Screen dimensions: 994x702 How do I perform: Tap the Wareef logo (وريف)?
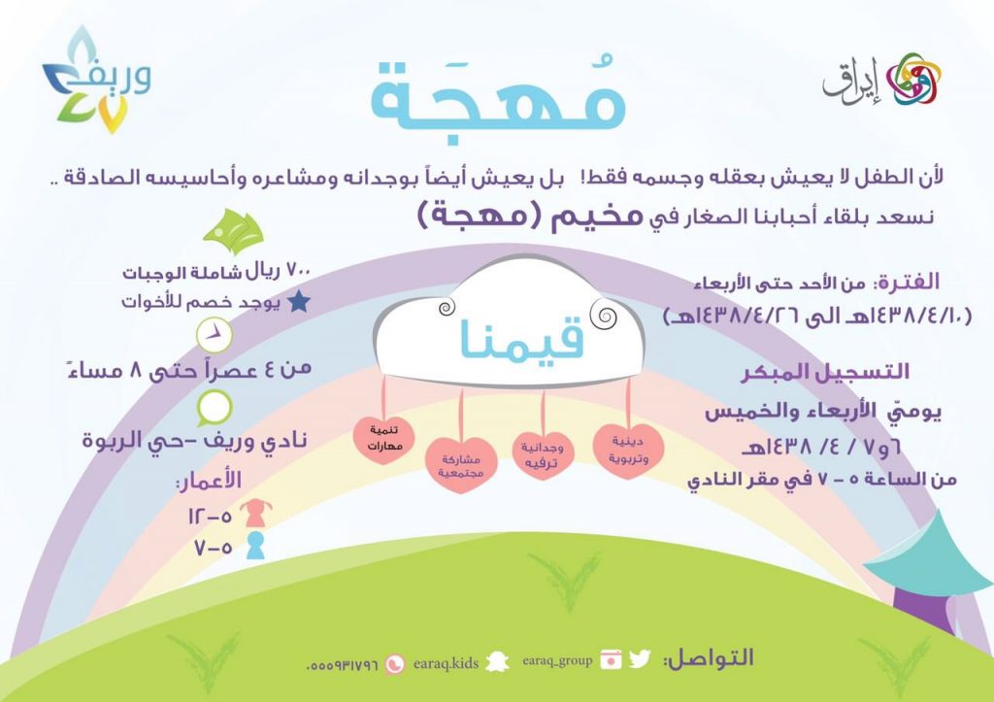click(x=97, y=81)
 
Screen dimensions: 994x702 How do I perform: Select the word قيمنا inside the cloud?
click(x=521, y=338)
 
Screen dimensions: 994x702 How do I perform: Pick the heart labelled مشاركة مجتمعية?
click(x=461, y=465)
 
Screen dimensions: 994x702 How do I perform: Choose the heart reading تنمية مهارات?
click(x=384, y=439)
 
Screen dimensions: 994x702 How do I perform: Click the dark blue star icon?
click(x=299, y=302)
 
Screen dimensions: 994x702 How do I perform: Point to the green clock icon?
click(x=215, y=335)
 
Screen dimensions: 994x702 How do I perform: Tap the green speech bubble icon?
click(x=215, y=408)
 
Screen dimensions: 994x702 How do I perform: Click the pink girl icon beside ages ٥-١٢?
click(x=255, y=513)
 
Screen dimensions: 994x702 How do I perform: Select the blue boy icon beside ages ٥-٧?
click(x=255, y=546)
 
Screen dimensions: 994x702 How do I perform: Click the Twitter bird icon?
click(x=640, y=659)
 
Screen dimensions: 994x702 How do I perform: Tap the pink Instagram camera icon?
click(x=611, y=659)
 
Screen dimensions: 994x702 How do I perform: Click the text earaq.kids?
click(x=446, y=664)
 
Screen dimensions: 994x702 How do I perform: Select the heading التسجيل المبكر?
click(x=825, y=372)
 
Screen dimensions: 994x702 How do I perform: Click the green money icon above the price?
click(x=233, y=231)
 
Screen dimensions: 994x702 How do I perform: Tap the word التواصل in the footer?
click(x=708, y=657)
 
